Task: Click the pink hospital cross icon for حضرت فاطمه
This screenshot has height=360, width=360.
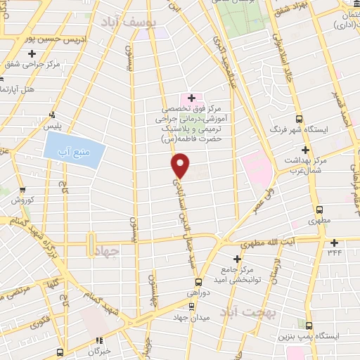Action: tap(191, 96)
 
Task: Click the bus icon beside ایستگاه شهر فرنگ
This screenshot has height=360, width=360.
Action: tap(300, 119)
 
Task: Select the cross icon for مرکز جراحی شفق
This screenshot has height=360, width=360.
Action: tap(32, 53)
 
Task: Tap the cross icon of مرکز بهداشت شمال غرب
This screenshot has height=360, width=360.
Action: tap(304, 150)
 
